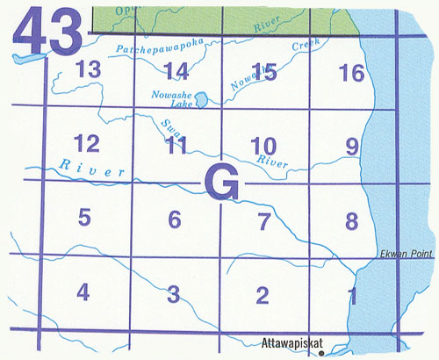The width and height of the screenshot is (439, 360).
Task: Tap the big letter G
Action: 222,182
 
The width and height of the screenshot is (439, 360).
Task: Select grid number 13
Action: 89,71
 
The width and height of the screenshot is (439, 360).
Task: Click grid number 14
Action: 176,71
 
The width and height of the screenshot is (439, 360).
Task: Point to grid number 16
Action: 351,73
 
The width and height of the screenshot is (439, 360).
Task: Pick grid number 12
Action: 86,143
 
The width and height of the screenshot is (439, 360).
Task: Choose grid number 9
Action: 352,146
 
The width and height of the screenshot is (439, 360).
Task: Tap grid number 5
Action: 84,216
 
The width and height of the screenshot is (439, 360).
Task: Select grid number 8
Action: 352,220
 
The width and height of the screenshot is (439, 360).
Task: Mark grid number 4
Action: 83,292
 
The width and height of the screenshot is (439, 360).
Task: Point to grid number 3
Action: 174,293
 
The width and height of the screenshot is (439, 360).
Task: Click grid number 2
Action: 262,295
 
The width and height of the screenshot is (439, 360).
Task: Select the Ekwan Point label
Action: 404,254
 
